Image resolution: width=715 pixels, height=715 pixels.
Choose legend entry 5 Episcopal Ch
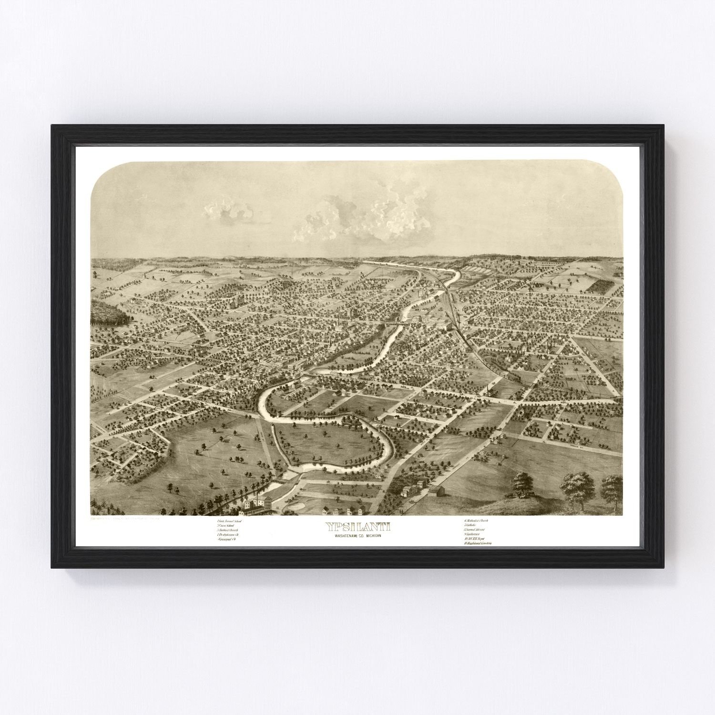tap(227, 539)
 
